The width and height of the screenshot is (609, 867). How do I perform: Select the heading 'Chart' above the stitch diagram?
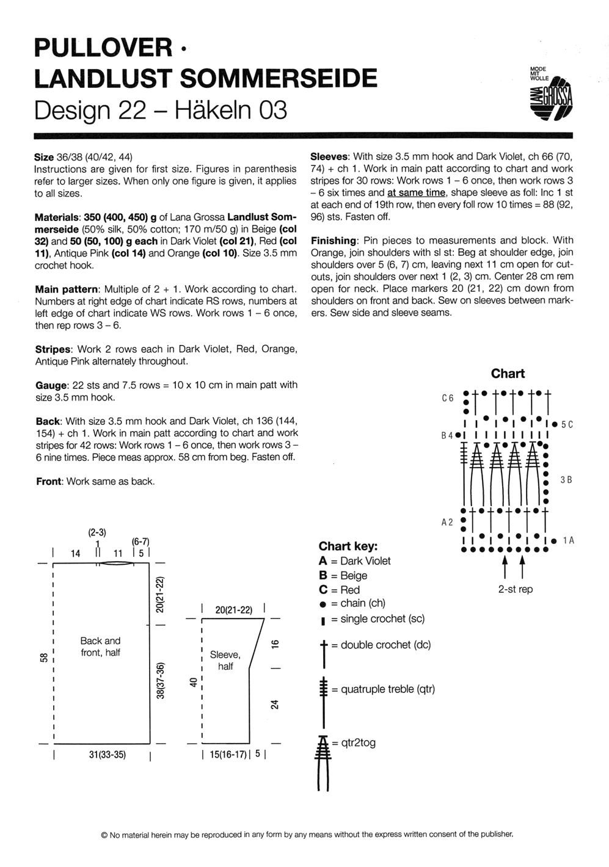pyautogui.click(x=508, y=373)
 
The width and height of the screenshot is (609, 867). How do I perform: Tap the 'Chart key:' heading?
pyautogui.click(x=348, y=546)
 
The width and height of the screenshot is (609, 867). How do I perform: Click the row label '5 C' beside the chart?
pyautogui.click(x=566, y=424)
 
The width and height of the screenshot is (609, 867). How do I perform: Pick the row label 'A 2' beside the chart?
pyautogui.click(x=447, y=522)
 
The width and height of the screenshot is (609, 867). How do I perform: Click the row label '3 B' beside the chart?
pyautogui.click(x=566, y=480)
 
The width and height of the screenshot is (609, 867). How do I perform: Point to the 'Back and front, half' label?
pyautogui.click(x=101, y=647)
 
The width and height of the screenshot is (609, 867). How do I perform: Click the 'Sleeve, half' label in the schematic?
pyautogui.click(x=225, y=660)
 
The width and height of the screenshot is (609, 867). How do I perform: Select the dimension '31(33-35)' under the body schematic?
pyautogui.click(x=107, y=754)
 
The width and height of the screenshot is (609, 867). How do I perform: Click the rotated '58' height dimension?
pyautogui.click(x=43, y=657)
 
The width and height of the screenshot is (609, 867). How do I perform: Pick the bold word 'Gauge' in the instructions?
pyautogui.click(x=51, y=385)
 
